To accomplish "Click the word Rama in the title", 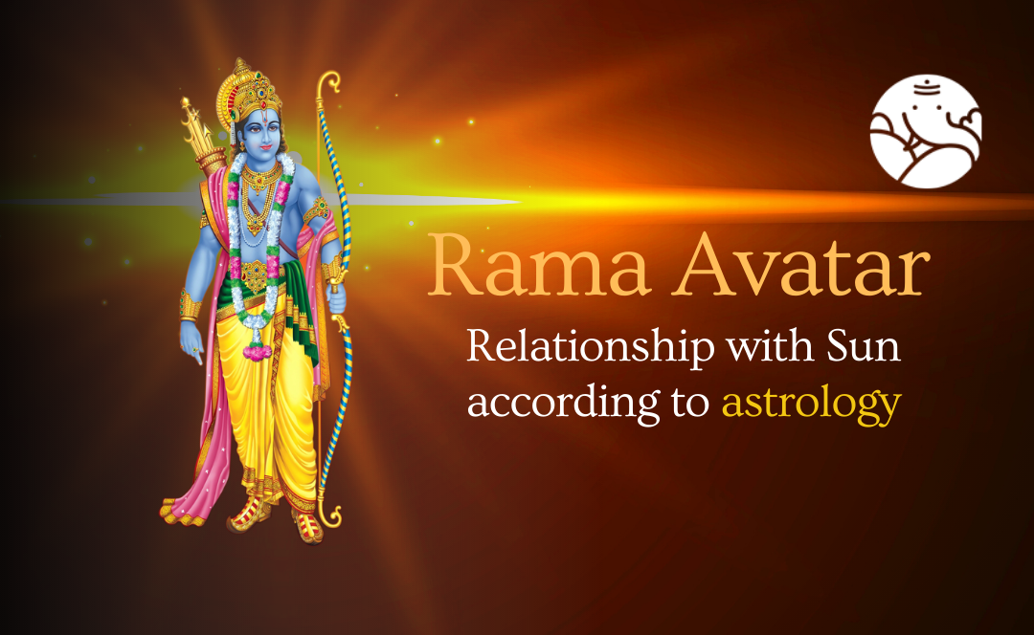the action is [539, 266].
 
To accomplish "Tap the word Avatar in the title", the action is [801, 266].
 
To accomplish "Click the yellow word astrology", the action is [811, 404].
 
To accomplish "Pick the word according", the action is [564, 404].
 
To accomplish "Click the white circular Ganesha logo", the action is [925, 131].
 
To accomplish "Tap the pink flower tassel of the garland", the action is [257, 352].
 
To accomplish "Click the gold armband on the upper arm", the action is [318, 210].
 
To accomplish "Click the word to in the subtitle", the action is [690, 403].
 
